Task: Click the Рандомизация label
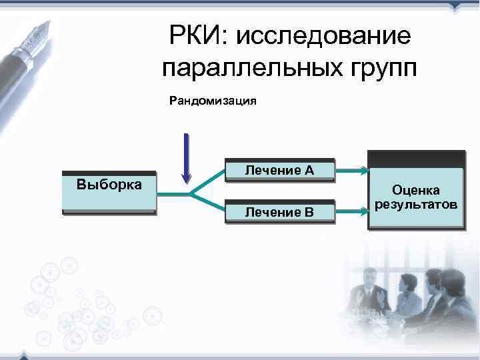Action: [x=213, y=102]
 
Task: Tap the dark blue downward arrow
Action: [x=187, y=157]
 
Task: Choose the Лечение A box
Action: [x=279, y=171]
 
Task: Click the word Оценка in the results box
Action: [x=416, y=191]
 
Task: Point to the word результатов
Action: [x=416, y=203]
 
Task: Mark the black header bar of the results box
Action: [x=416, y=159]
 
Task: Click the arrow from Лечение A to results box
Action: [x=351, y=171]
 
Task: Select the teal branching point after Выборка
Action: [x=191, y=193]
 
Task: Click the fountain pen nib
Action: [x=40, y=30]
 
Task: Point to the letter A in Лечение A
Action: [x=309, y=171]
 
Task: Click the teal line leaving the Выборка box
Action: [x=172, y=193]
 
